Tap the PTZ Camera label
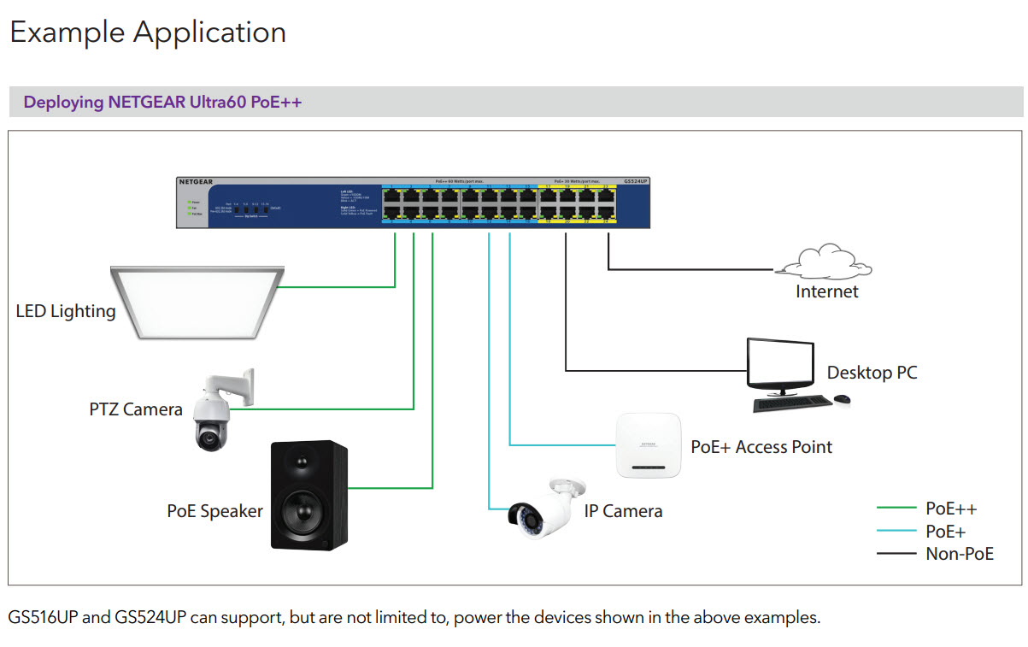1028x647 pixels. [x=136, y=409]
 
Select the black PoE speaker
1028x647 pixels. [x=309, y=495]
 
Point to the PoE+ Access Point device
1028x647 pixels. [x=648, y=444]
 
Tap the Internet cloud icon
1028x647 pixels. [x=825, y=262]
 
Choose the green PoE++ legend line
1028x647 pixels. [x=896, y=509]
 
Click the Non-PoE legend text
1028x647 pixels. [x=960, y=554]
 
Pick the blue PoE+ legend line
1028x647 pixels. [x=896, y=532]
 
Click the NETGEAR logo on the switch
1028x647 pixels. [x=196, y=182]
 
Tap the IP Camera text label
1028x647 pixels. [x=623, y=511]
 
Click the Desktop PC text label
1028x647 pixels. [x=872, y=373]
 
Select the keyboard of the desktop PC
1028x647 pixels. [x=791, y=403]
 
